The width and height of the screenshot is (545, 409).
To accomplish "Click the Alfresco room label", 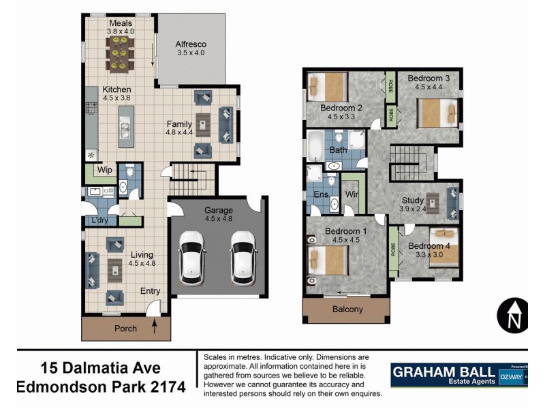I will pos(191,44).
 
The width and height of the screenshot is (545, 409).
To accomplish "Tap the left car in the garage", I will pos(192,258).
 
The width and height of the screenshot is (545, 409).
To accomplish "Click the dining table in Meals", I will pos(121,52).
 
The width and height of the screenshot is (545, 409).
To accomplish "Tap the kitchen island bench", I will pos(126,126).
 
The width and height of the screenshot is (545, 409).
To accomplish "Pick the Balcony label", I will pos(348,309).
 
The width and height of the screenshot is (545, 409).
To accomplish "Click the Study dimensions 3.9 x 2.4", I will pos(412,209).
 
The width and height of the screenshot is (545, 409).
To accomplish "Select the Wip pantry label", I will pos(104,170).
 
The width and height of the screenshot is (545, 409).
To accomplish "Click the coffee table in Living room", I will pos(114,271).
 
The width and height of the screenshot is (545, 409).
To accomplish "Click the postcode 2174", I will pos(167,387).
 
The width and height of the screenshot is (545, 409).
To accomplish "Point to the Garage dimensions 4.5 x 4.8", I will pos(219,219).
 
